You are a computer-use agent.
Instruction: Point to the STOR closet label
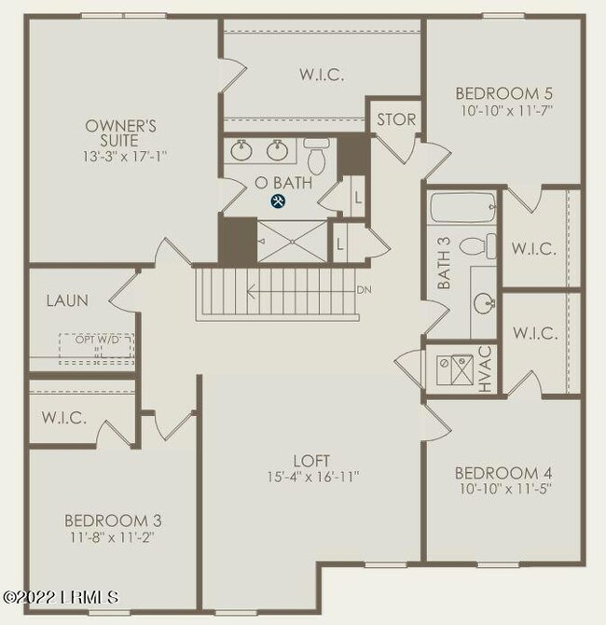(x=396, y=119)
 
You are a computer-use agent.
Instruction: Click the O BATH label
(x=277, y=183)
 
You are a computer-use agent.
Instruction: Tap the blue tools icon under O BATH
(x=277, y=201)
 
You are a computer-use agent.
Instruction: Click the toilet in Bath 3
(x=488, y=246)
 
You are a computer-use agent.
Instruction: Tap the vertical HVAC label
(x=485, y=371)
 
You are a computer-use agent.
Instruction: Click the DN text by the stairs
(x=365, y=290)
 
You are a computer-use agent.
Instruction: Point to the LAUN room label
(x=67, y=300)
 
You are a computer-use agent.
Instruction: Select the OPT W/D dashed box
(x=98, y=346)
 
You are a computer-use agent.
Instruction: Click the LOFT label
(x=312, y=460)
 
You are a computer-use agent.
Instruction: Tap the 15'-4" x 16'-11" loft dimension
(x=312, y=476)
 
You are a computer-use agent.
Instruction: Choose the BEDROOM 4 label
(x=498, y=473)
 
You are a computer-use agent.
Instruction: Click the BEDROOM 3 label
(x=106, y=520)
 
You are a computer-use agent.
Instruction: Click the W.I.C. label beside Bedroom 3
(x=63, y=418)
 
